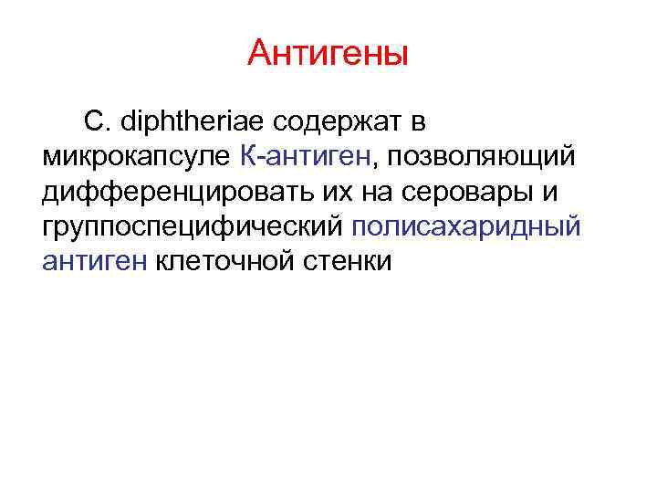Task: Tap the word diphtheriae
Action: [183, 121]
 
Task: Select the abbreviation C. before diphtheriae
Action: [97, 121]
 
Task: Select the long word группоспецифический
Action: [191, 226]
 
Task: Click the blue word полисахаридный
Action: [464, 226]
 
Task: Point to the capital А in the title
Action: [258, 54]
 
